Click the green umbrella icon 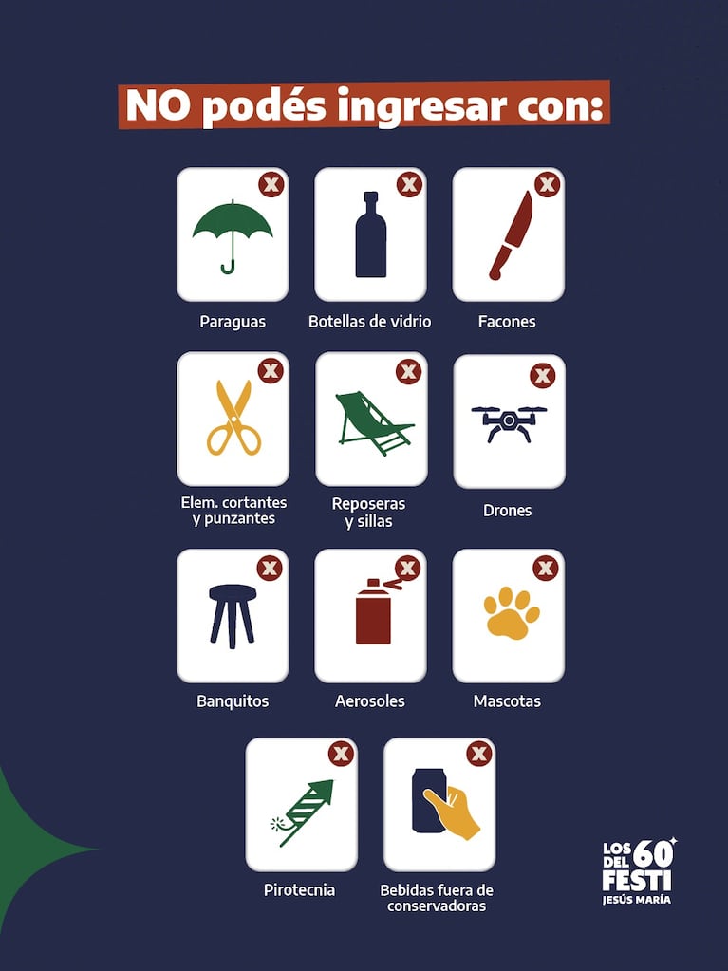point(233,233)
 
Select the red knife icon point(510,235)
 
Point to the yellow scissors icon point(233,418)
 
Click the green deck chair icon point(373,421)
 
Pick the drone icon point(509,422)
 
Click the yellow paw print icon point(511,612)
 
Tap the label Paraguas point(233,322)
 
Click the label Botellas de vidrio point(369,322)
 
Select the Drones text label point(507,511)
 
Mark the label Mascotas point(507,701)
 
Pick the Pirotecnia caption point(299,890)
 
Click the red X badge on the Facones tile point(547,184)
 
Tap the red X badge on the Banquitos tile point(270,568)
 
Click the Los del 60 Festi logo point(639,870)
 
